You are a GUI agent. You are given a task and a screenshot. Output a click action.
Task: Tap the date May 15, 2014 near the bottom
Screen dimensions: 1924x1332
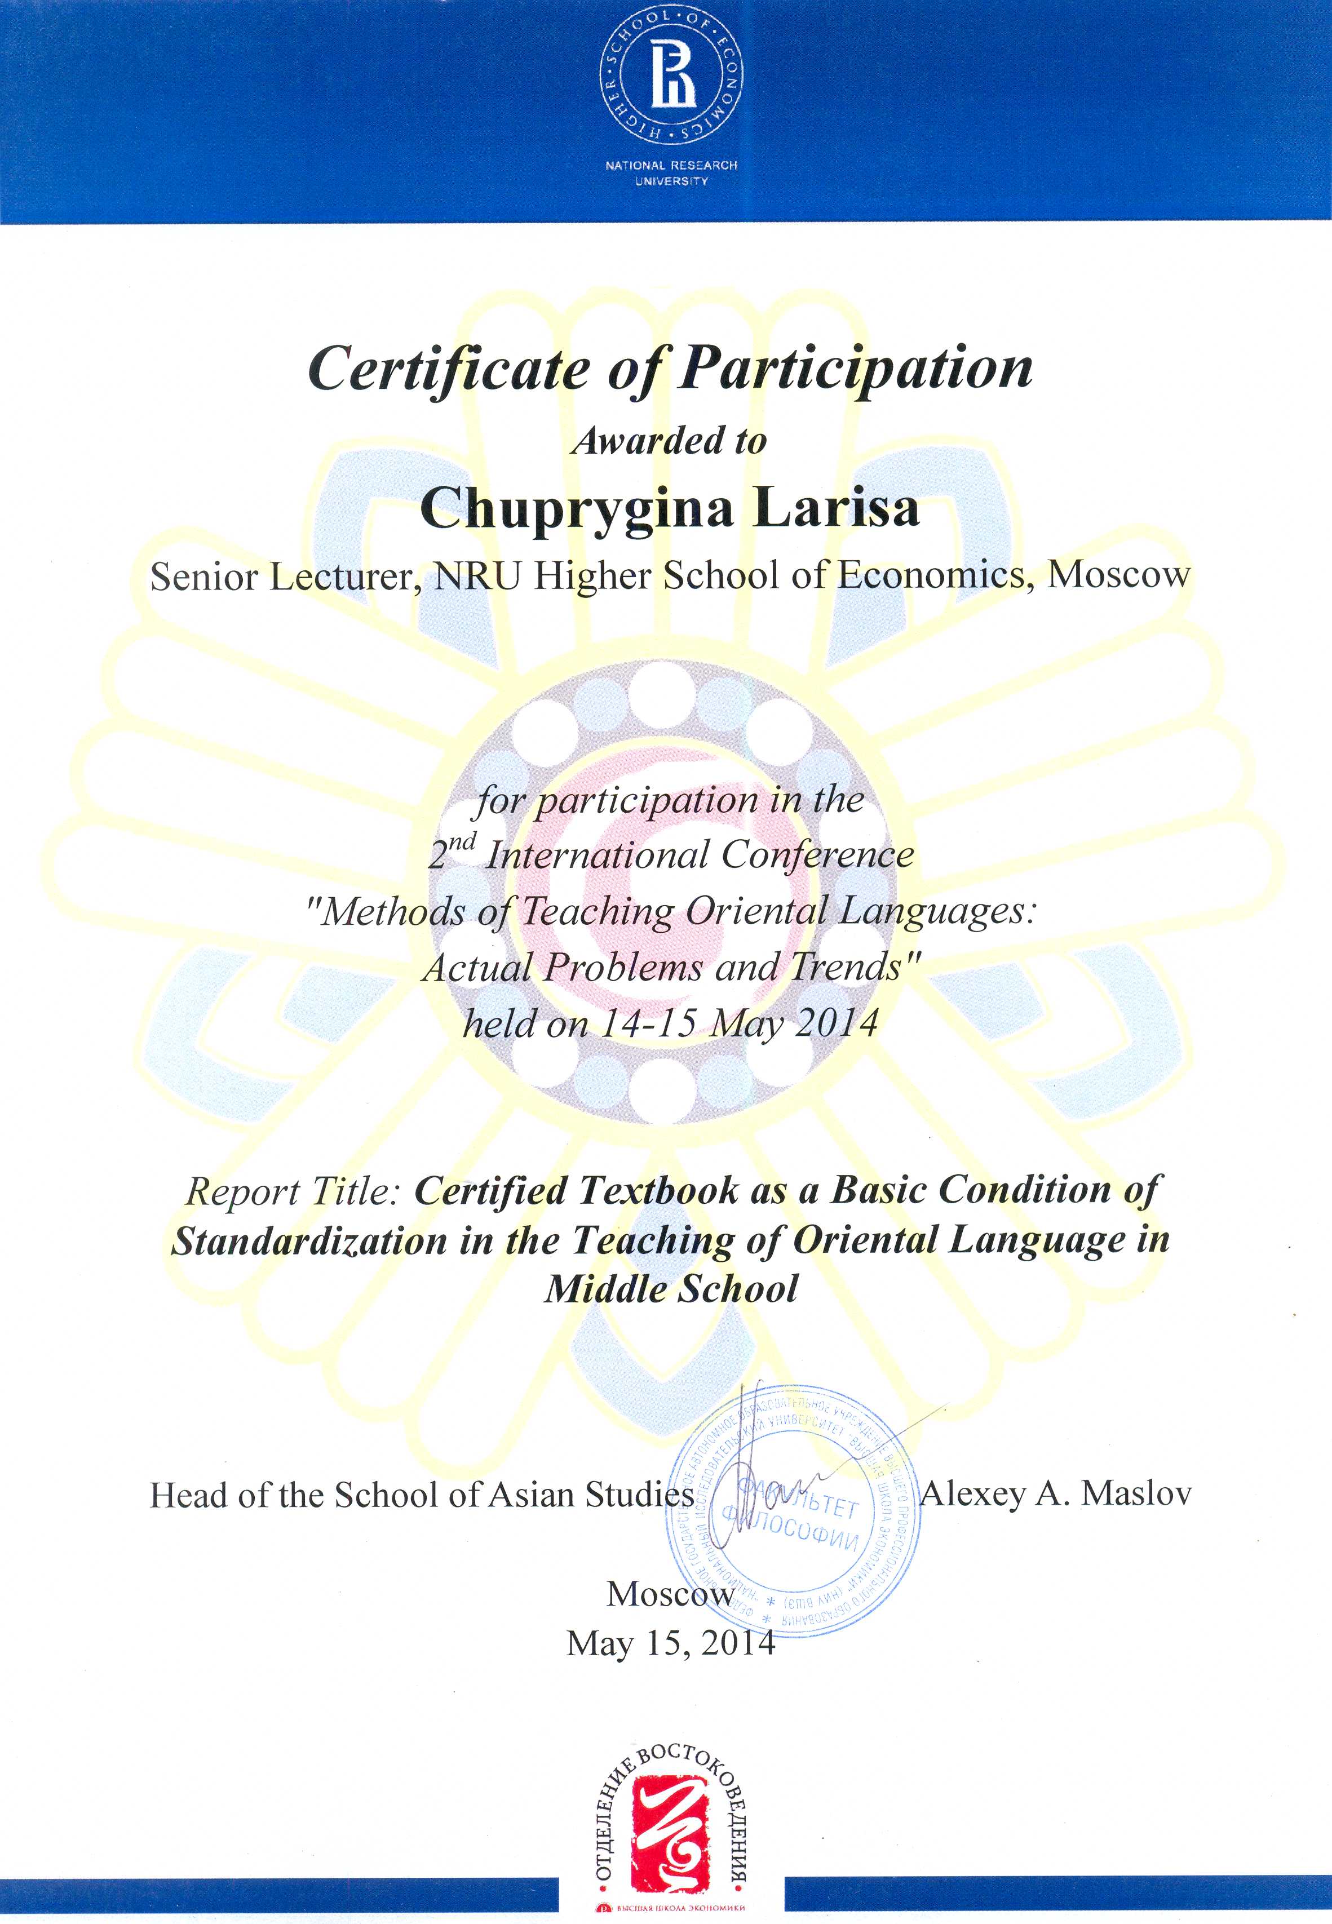pos(671,1644)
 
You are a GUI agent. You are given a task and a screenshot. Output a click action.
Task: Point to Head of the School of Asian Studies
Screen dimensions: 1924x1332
pos(422,1495)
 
